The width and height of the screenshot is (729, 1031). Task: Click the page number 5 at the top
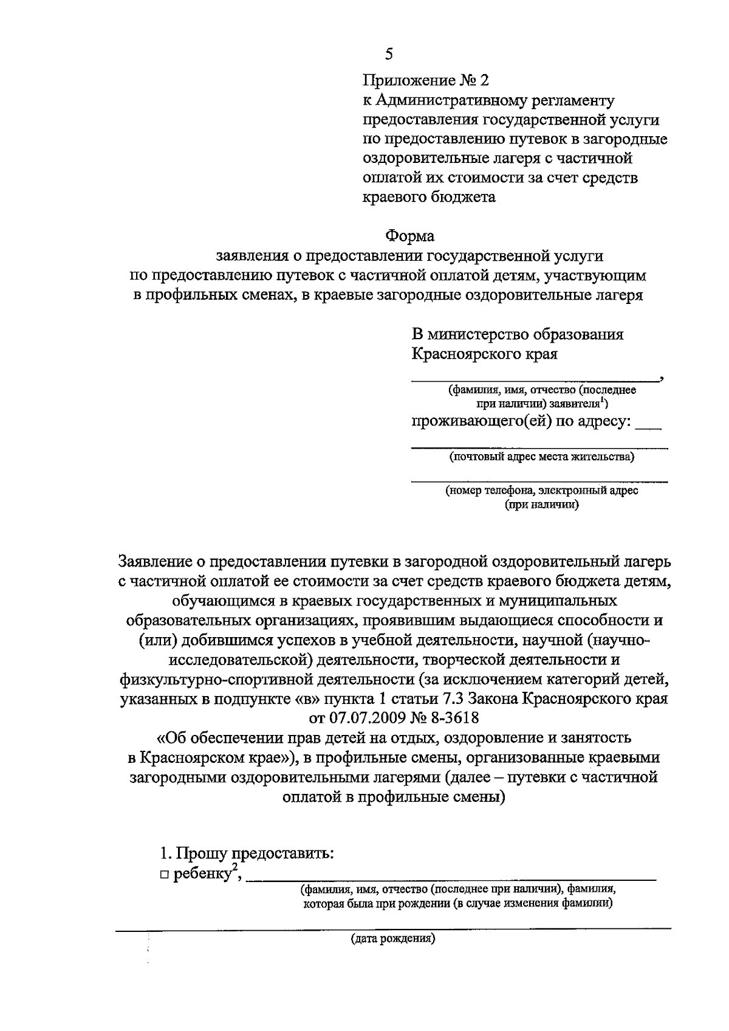click(389, 54)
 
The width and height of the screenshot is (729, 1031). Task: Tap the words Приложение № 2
click(425, 80)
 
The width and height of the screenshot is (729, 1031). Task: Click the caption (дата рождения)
click(393, 938)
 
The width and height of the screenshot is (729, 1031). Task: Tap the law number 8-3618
click(455, 718)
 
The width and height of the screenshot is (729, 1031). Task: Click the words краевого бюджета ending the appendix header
click(429, 197)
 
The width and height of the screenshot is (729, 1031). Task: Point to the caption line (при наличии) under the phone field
click(541, 504)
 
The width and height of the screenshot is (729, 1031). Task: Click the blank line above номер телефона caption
click(539, 481)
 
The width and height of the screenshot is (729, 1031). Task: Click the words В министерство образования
click(518, 334)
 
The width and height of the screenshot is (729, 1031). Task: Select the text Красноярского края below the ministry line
click(485, 354)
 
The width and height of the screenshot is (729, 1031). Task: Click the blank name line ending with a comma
click(535, 379)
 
